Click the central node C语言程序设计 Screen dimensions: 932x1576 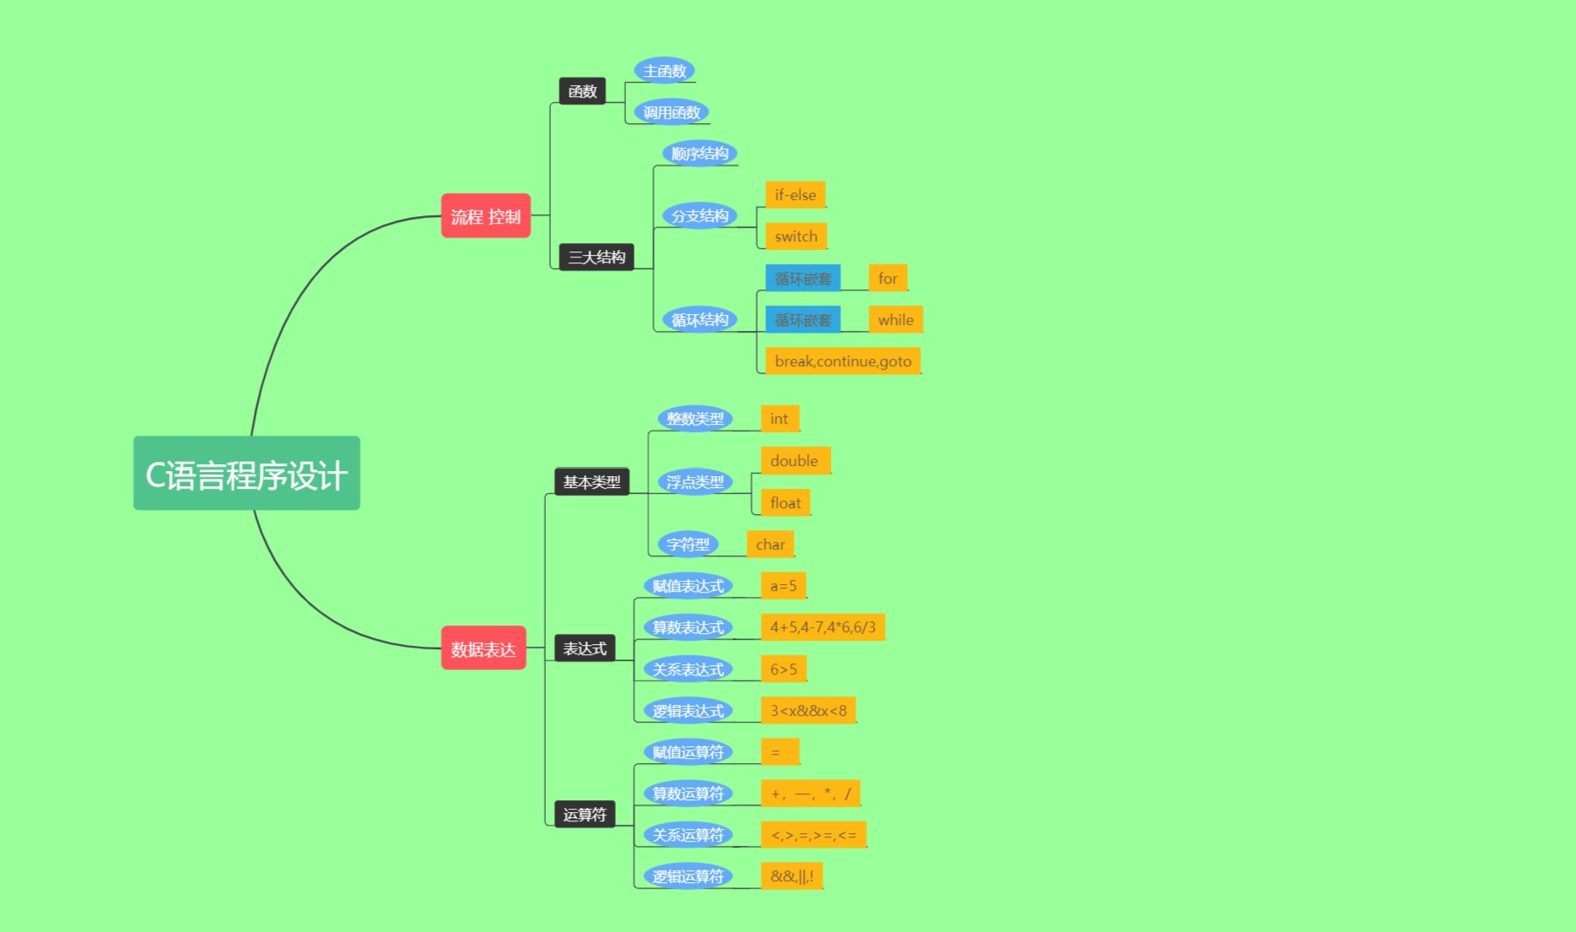pyautogui.click(x=246, y=474)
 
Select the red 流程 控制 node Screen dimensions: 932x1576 pyautogui.click(x=485, y=216)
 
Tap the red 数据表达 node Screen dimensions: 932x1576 pyautogui.click(x=483, y=648)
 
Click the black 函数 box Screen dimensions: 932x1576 pyautogui.click(x=582, y=91)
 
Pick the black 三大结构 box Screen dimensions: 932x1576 pyautogui.click(x=596, y=257)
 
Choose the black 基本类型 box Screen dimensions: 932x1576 pyautogui.click(x=591, y=481)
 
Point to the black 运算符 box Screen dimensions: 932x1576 pyautogui.click(x=584, y=814)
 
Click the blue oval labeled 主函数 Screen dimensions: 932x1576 pyautogui.click(x=664, y=71)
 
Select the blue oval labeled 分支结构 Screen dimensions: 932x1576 pyautogui.click(x=699, y=215)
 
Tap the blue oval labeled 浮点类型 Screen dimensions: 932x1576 pyautogui.click(x=694, y=481)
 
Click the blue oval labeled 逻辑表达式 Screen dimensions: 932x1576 pyautogui.click(x=688, y=710)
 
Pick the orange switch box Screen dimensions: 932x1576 pyautogui.click(x=796, y=236)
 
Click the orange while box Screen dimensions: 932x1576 pyautogui.click(x=895, y=320)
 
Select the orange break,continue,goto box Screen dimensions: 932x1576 pyautogui.click(x=842, y=361)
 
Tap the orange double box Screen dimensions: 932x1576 pyautogui.click(x=794, y=461)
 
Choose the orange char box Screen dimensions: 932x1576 pyautogui.click(x=769, y=545)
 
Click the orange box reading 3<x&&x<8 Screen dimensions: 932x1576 pyautogui.click(x=807, y=710)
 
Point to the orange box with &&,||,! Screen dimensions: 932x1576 pyautogui.click(x=791, y=876)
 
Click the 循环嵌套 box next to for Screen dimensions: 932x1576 pyautogui.click(x=802, y=278)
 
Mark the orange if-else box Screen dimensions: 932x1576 pyautogui.click(x=795, y=195)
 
